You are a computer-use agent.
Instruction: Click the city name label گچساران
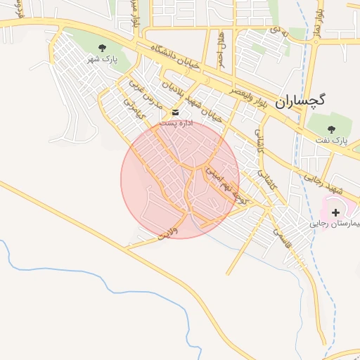(x=300, y=101)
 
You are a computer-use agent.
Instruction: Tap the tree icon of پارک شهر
(x=103, y=48)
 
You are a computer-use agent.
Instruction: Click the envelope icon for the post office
(x=175, y=112)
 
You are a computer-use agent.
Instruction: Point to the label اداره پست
(x=175, y=122)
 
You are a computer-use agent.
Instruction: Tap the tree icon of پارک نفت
(x=332, y=129)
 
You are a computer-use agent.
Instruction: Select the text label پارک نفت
(x=332, y=141)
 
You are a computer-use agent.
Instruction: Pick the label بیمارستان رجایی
(x=336, y=224)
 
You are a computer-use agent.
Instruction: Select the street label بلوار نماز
(x=318, y=22)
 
